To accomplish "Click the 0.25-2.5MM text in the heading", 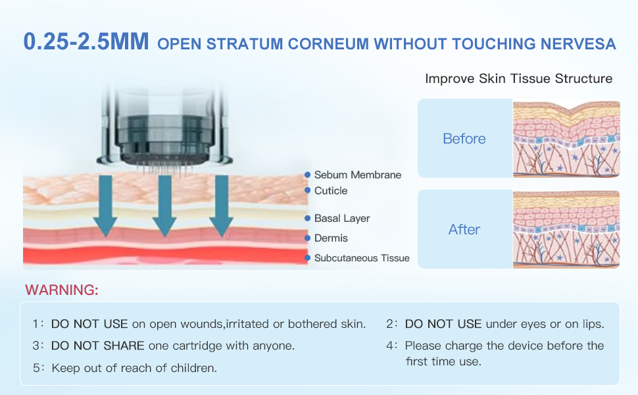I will click(x=87, y=42).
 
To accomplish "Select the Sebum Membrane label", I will click(x=357, y=175).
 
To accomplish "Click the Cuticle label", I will click(x=330, y=191).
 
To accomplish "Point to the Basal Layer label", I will click(x=341, y=219).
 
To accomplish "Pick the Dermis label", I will click(x=331, y=238).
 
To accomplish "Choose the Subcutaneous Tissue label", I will click(x=361, y=258).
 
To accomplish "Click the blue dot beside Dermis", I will click(x=307, y=238).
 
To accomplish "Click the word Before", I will click(x=464, y=139).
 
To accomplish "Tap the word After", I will click(x=464, y=230).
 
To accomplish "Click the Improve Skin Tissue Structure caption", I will click(x=518, y=79).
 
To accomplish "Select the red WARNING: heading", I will click(x=62, y=290).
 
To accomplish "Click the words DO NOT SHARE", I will click(x=97, y=346).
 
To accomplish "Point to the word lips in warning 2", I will click(x=593, y=325).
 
